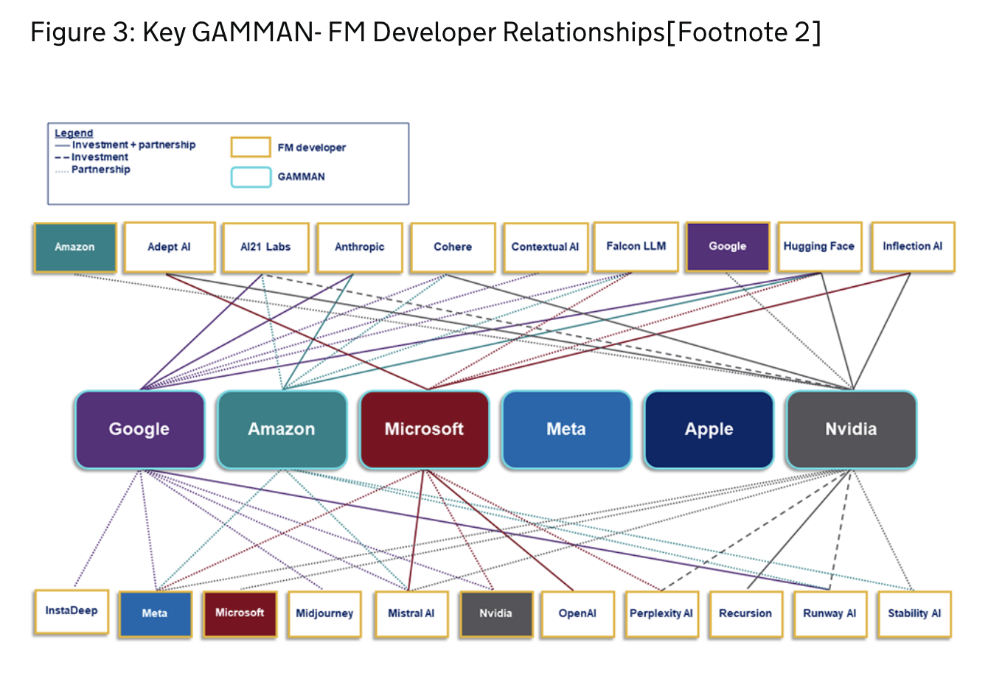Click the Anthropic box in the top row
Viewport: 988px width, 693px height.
pyautogui.click(x=359, y=248)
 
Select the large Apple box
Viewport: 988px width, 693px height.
pyautogui.click(x=709, y=430)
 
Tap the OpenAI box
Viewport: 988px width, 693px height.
pyautogui.click(x=577, y=614)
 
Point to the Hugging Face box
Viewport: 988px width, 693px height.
pyautogui.click(x=818, y=247)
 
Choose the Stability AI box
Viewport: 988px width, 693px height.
pyautogui.click(x=914, y=614)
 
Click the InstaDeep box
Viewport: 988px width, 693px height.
pyautogui.click(x=72, y=612)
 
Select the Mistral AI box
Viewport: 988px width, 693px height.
pyautogui.click(x=411, y=614)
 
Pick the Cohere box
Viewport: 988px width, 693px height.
pyautogui.click(x=453, y=248)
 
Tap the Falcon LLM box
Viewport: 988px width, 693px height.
pyautogui.click(x=636, y=247)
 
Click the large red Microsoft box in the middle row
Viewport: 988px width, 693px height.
pyautogui.click(x=424, y=430)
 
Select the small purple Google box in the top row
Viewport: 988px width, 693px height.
pyautogui.click(x=727, y=247)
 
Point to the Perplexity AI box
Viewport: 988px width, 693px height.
pyautogui.click(x=661, y=614)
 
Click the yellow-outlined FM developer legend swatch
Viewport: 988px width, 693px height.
pyautogui.click(x=251, y=147)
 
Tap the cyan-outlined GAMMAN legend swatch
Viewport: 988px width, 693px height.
pyautogui.click(x=251, y=177)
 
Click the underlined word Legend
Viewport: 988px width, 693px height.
pyautogui.click(x=74, y=133)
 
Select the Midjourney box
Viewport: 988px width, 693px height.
pyautogui.click(x=324, y=614)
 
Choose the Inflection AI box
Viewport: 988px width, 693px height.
pyautogui.click(x=912, y=247)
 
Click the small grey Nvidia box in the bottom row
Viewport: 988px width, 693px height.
pyautogui.click(x=495, y=614)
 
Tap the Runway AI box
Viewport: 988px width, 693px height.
pyautogui.click(x=829, y=614)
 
